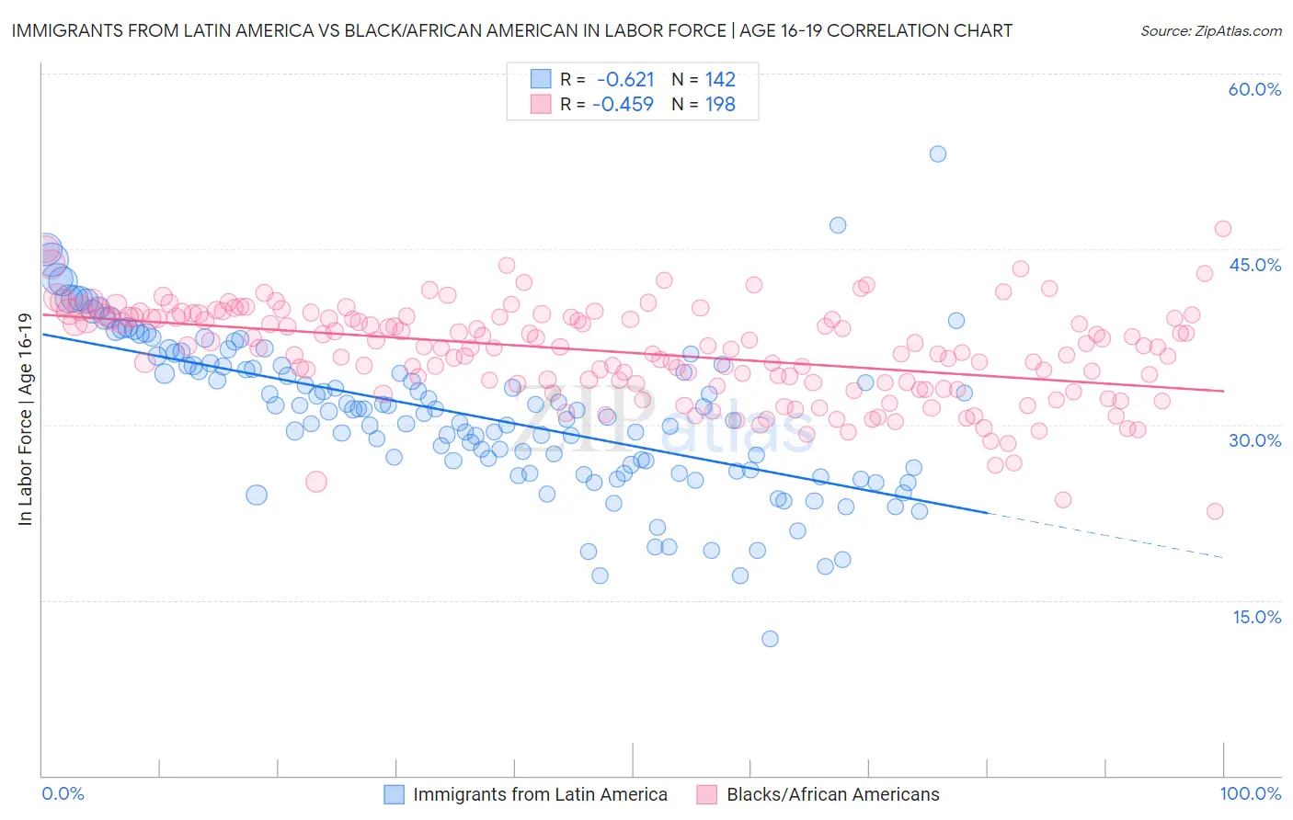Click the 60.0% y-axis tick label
(1254, 89)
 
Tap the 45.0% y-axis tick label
(1254, 265)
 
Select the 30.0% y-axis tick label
(1254, 440)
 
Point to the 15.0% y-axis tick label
(1256, 617)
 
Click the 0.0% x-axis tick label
(63, 793)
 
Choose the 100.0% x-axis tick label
(1250, 793)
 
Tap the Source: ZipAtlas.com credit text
(1210, 30)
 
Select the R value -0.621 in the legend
(624, 80)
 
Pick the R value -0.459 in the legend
(623, 104)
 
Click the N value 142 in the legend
(720, 80)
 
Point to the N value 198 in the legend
(720, 104)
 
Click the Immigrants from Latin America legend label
(540, 794)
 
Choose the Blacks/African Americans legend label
(833, 794)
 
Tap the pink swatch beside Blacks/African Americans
(706, 794)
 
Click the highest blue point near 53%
(937, 154)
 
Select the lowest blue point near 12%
(770, 639)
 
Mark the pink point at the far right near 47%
(1222, 229)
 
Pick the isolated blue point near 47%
(837, 225)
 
